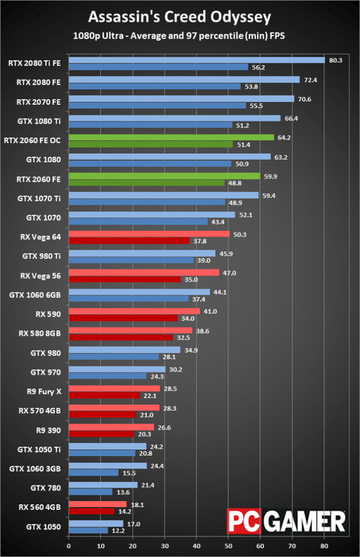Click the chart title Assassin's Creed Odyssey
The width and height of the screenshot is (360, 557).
tap(179, 16)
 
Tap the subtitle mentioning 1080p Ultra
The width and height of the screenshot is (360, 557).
tap(179, 35)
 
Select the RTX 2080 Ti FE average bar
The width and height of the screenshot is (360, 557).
tap(197, 60)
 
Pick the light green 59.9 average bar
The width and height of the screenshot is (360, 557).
tap(164, 176)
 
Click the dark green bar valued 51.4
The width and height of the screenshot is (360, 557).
tap(151, 144)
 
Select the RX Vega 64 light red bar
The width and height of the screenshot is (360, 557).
tap(149, 234)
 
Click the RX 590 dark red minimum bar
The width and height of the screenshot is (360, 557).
tap(123, 318)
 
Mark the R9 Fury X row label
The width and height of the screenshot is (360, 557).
tap(41, 392)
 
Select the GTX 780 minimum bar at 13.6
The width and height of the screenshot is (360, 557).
tap(90, 492)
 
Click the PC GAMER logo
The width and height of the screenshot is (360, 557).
tap(286, 521)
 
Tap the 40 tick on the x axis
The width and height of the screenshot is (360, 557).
tap(197, 545)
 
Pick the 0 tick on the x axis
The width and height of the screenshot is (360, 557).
tap(69, 545)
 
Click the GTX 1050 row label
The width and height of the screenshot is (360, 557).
tap(44, 527)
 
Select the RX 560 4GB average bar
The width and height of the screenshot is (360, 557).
tap(97, 504)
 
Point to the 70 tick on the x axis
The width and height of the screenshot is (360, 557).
tap(292, 545)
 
